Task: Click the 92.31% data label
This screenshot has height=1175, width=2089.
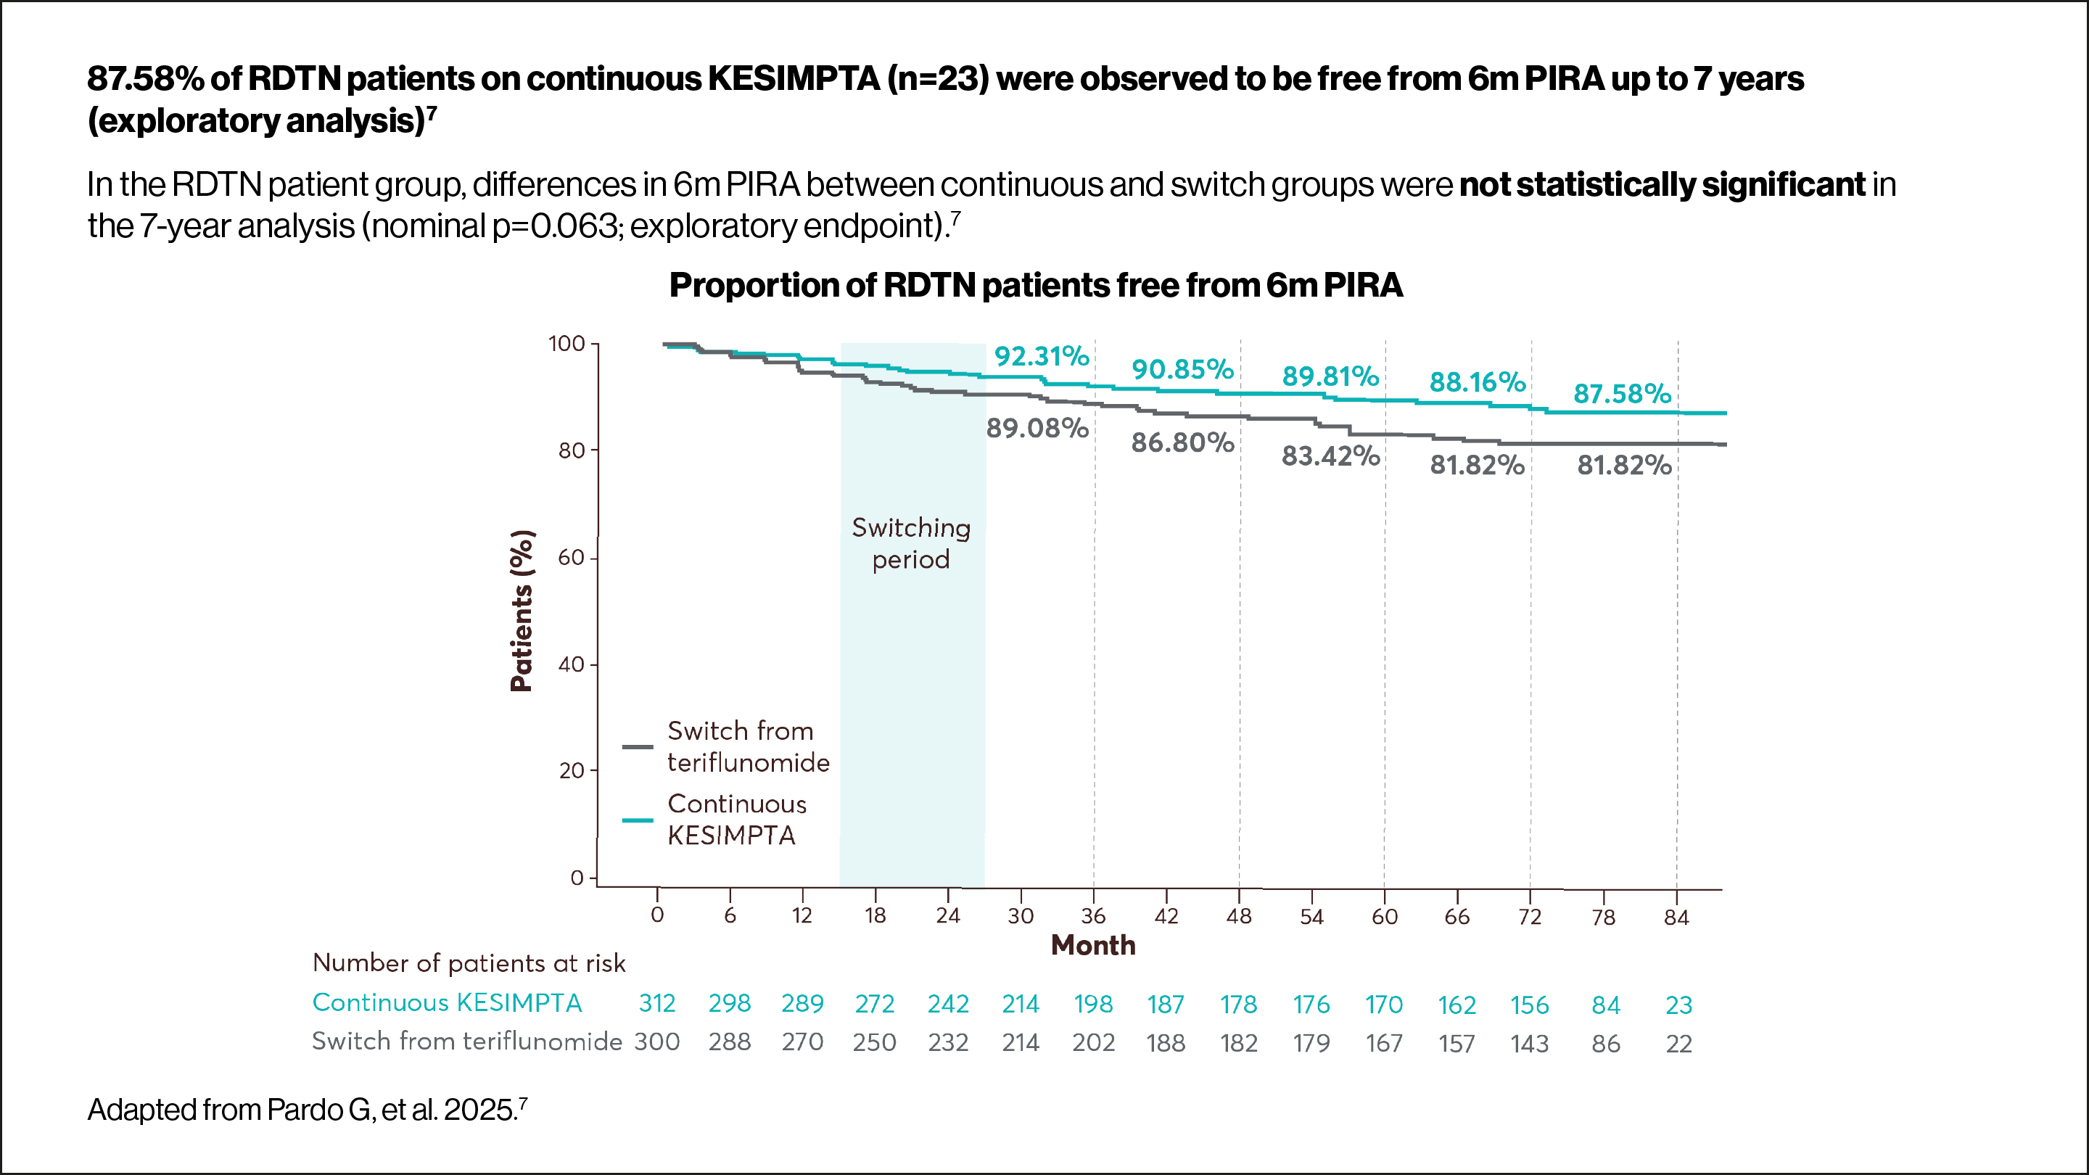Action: (x=1042, y=357)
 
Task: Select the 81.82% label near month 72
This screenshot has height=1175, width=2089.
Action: (x=1477, y=466)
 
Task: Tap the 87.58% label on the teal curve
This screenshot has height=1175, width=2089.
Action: (x=1622, y=394)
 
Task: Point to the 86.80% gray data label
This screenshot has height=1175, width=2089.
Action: (x=1182, y=442)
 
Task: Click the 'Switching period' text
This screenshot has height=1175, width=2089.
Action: (x=911, y=543)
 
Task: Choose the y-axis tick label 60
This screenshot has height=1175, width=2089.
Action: (x=571, y=558)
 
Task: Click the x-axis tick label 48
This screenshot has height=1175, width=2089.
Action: (x=1238, y=916)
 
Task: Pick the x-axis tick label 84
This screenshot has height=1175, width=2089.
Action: (x=1676, y=917)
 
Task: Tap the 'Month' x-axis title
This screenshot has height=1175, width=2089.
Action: (x=1092, y=946)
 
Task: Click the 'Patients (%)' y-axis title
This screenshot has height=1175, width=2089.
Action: (x=522, y=611)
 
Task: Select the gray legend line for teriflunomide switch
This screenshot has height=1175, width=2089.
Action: (x=638, y=746)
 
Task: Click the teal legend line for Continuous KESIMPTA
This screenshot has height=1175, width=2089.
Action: (x=638, y=820)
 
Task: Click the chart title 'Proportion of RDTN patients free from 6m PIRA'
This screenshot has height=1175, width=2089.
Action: (x=1036, y=286)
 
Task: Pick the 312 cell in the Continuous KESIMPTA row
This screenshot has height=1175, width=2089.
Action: (x=657, y=1004)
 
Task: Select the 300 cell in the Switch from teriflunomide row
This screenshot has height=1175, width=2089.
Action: (x=657, y=1042)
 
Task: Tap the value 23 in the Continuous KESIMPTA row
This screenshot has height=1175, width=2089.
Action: (x=1678, y=1005)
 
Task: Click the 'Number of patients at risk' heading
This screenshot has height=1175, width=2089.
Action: (x=469, y=963)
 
